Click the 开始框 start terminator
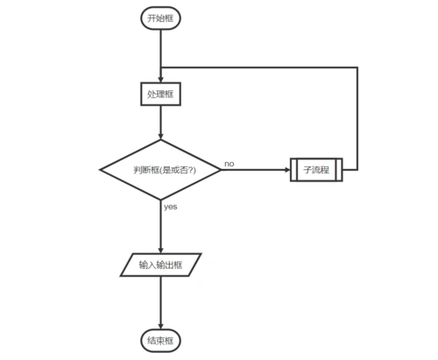[160, 18]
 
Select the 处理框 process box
[160, 93]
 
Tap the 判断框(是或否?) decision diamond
[160, 169]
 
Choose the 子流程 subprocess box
[315, 169]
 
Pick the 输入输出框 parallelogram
[160, 264]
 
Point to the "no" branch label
[230, 163]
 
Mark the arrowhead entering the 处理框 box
[160, 79]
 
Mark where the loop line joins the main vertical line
[160, 66]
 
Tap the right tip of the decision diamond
[221, 169]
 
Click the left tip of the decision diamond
[100, 169]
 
